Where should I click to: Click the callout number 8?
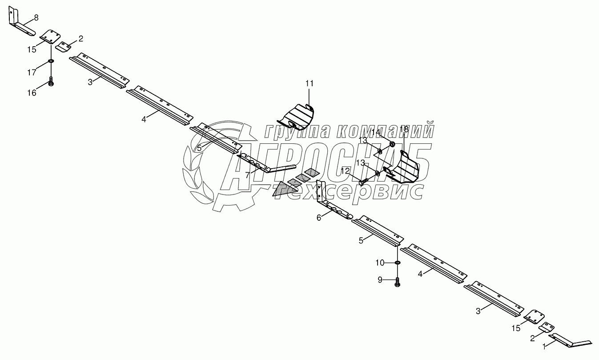click(36, 17)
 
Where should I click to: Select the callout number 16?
click(32, 93)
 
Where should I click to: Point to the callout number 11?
click(309, 83)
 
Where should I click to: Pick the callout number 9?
click(380, 279)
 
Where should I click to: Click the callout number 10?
click(379, 263)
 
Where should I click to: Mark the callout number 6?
click(318, 218)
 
